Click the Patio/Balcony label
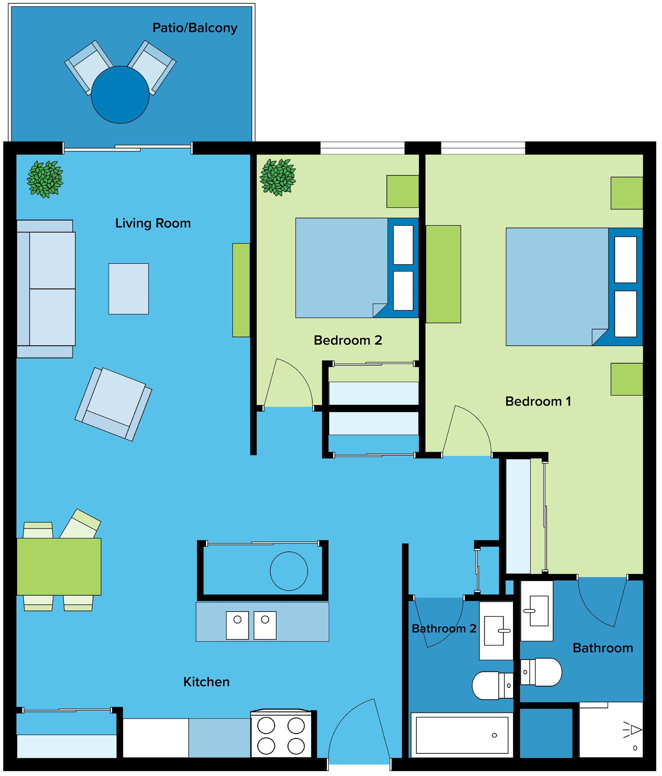[195, 28]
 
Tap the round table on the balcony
[120, 95]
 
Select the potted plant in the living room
[45, 179]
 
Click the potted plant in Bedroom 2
[278, 177]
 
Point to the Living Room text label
[153, 223]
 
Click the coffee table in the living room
[128, 289]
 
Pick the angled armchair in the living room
[114, 404]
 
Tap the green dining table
[59, 566]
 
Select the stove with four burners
[281, 735]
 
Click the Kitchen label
[206, 682]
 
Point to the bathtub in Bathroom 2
[462, 735]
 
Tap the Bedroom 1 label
[538, 401]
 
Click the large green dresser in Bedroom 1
[443, 274]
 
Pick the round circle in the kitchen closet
[289, 571]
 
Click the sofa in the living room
[46, 289]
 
